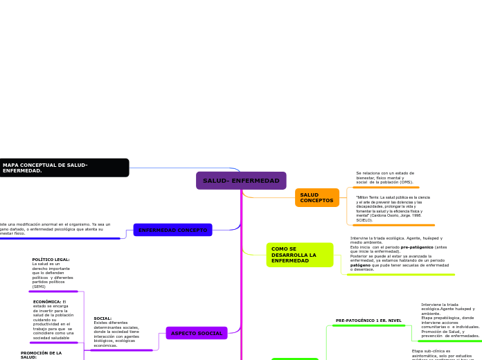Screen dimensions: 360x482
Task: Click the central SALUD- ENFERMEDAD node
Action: tap(241, 181)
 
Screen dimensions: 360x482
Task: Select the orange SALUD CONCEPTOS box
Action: tap(316, 198)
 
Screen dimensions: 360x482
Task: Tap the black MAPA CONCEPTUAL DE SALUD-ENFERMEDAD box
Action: tap(64, 168)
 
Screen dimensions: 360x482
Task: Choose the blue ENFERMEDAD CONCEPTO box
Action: tap(172, 230)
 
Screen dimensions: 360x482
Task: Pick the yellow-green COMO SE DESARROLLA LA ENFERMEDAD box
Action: tap(299, 255)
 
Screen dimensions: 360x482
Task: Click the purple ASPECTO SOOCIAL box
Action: tap(197, 333)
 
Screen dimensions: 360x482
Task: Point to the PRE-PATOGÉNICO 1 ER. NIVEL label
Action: tap(368, 321)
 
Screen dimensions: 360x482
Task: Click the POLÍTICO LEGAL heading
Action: tap(51, 260)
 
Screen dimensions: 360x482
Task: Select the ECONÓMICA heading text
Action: tap(47, 302)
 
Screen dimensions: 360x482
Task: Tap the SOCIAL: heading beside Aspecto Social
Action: tap(102, 318)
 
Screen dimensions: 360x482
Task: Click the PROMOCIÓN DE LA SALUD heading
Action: tap(41, 354)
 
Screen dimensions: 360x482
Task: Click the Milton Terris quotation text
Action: tap(393, 208)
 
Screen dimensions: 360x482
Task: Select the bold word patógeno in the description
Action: tap(360, 265)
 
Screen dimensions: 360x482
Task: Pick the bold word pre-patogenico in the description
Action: tap(418, 247)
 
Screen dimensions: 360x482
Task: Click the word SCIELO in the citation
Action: tap(364, 220)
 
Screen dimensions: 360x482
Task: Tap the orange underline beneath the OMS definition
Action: tap(386, 188)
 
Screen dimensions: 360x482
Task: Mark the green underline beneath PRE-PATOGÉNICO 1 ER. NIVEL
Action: tap(368, 325)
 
